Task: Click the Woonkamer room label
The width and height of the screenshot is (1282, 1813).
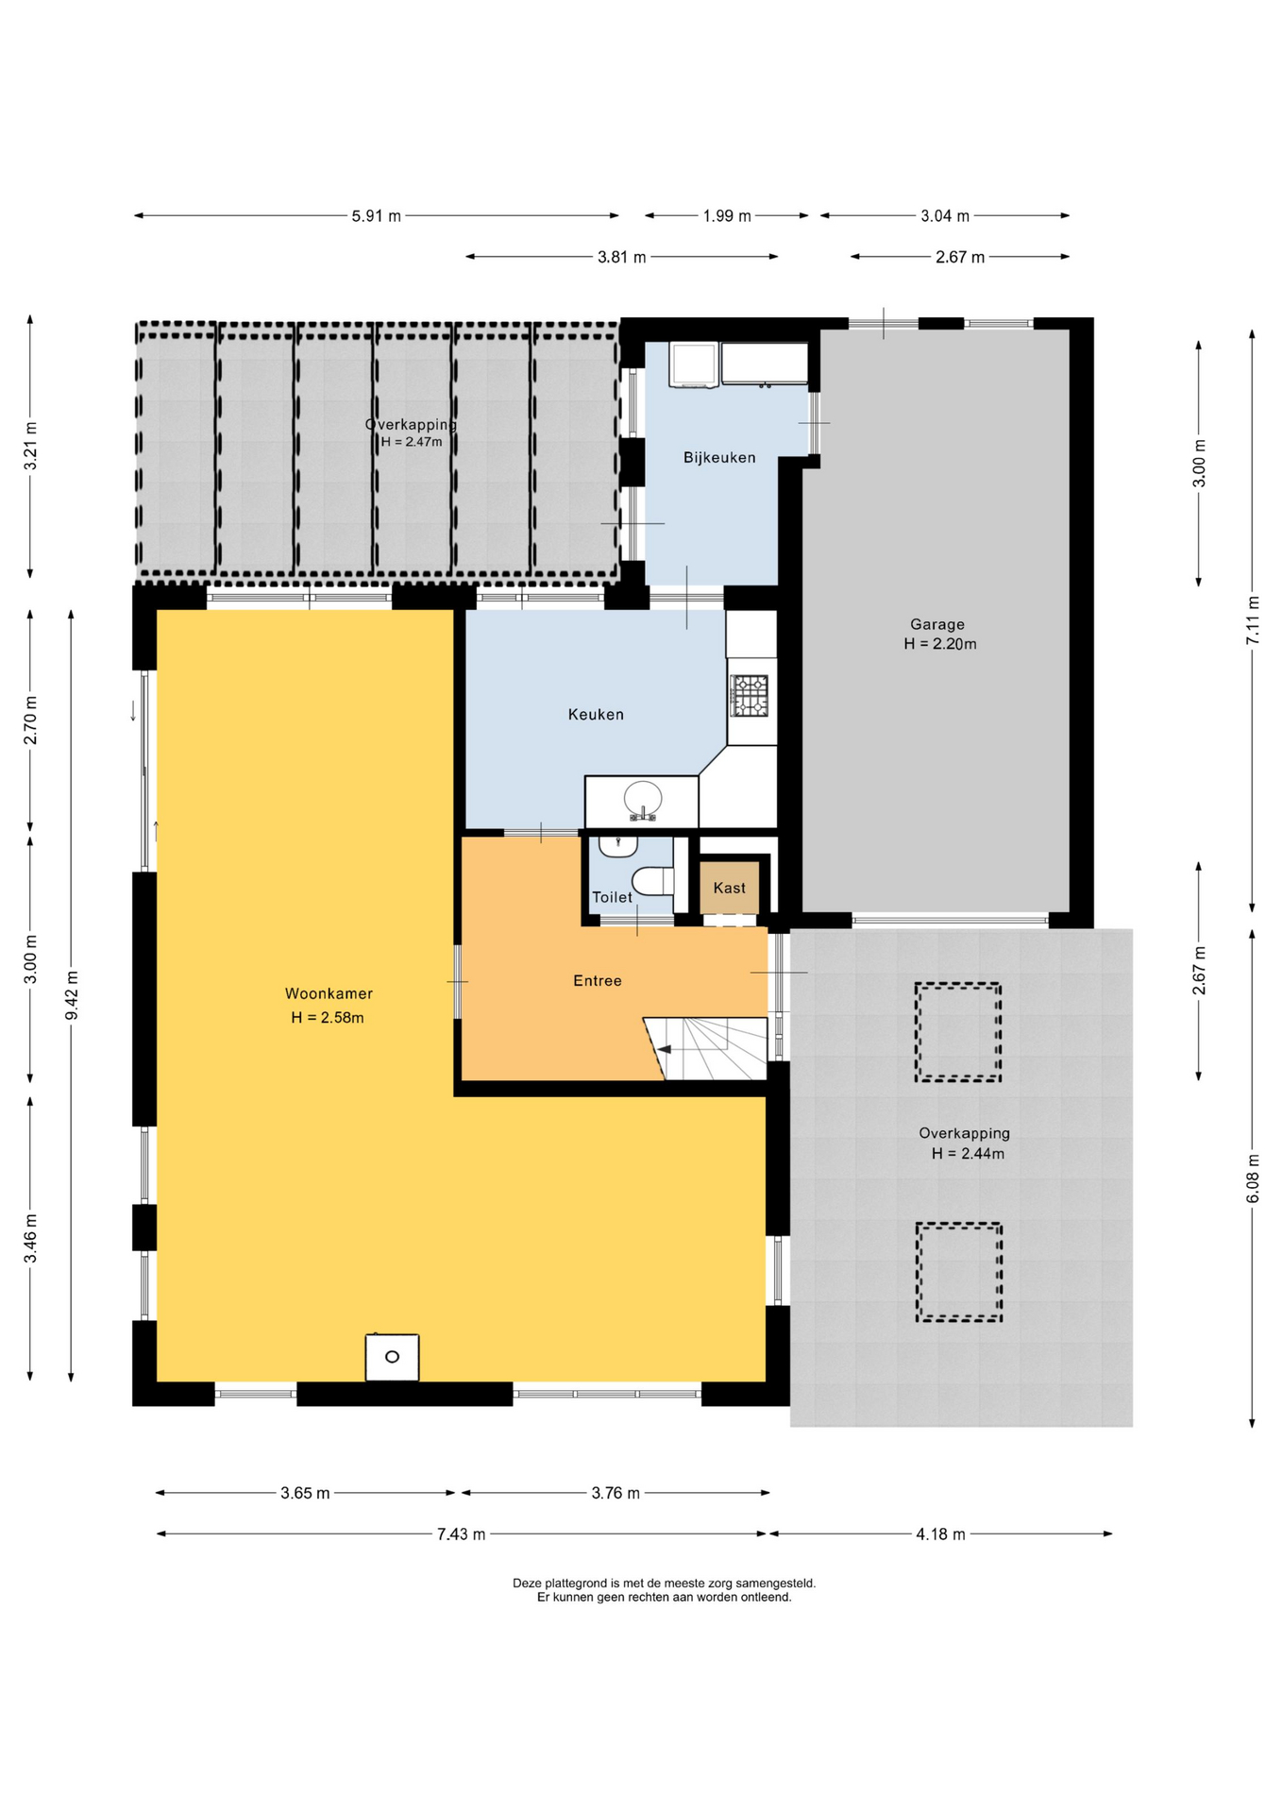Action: [x=329, y=993]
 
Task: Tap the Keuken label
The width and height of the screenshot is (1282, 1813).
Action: [x=596, y=715]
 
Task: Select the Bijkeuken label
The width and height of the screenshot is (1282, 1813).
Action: [x=719, y=458]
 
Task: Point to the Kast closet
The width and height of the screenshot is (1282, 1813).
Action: [x=729, y=888]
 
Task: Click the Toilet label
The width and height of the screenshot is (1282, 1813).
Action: [x=612, y=897]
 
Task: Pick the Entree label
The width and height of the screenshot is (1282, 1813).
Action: [x=598, y=981]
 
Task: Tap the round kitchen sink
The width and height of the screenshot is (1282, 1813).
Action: [x=644, y=801]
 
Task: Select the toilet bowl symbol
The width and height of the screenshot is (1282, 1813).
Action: [x=652, y=881]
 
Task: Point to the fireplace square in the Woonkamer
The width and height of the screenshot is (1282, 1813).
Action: [x=392, y=1357]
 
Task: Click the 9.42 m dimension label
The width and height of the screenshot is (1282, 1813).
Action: [x=72, y=995]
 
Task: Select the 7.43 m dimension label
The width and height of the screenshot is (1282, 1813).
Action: [x=461, y=1534]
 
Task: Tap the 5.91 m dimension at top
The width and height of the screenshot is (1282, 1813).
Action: [x=376, y=216]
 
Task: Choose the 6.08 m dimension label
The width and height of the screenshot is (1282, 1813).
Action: [x=1253, y=1178]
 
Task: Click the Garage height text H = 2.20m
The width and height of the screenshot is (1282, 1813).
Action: [x=940, y=644]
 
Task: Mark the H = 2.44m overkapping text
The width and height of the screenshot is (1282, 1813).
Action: [x=968, y=1154]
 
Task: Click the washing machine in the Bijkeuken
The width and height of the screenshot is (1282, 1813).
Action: [x=694, y=365]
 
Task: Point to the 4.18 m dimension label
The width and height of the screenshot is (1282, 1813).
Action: [x=940, y=1534]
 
